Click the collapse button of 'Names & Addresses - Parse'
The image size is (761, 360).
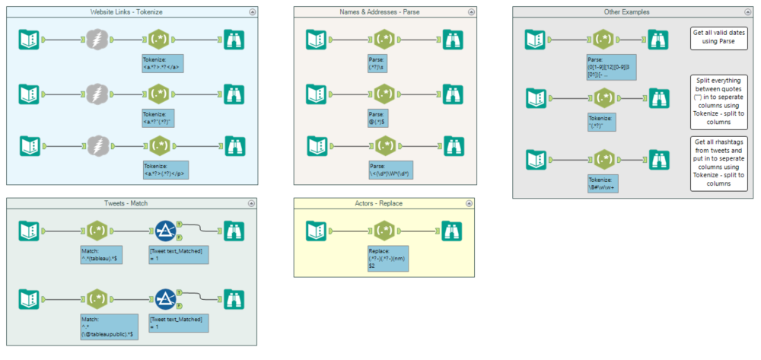pyautogui.click(x=471, y=12)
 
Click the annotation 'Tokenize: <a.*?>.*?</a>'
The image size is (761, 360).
pyautogui.click(x=163, y=64)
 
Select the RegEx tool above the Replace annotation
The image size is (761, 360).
pyautogui.click(x=385, y=230)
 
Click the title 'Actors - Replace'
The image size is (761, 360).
pyautogui.click(x=384, y=203)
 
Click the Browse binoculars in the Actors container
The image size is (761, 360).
pyautogui.click(x=452, y=230)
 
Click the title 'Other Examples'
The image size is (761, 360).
pyautogui.click(x=629, y=12)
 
